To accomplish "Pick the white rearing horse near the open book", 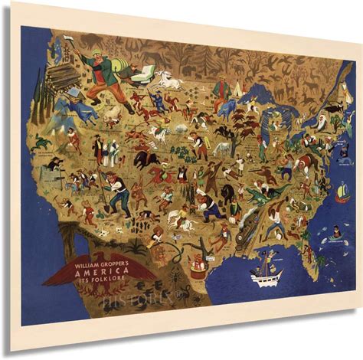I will pyautogui.click(x=166, y=79).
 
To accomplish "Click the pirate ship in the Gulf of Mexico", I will pyautogui.click(x=267, y=273).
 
